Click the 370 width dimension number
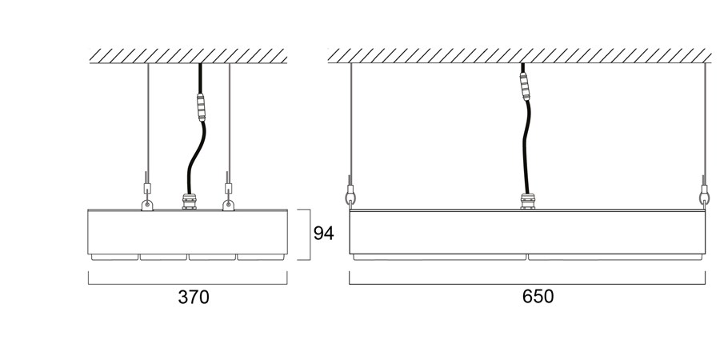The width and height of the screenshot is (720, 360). point(194,297)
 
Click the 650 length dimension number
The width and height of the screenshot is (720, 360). point(538,296)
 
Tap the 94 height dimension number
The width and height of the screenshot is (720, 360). point(323,234)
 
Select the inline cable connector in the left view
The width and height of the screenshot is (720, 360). point(201,107)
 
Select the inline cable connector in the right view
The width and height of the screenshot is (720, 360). point(524,86)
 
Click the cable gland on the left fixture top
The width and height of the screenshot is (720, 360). point(189,201)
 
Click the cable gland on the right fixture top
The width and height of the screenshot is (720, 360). point(528,201)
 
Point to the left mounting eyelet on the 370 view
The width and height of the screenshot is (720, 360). point(147,205)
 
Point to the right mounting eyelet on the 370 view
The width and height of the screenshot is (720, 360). point(228,205)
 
